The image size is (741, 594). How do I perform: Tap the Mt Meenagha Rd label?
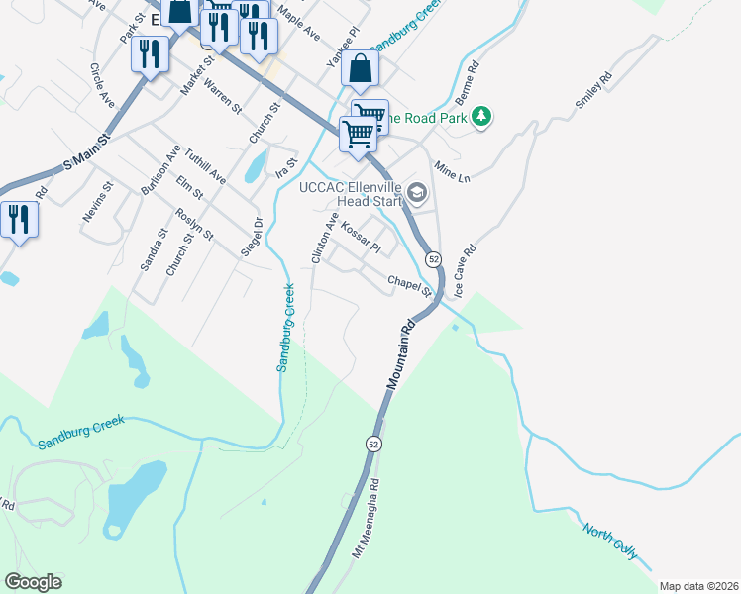(367, 519)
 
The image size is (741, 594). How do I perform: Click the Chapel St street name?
(410, 285)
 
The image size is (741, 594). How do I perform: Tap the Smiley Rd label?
(593, 90)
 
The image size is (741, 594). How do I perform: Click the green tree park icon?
(480, 118)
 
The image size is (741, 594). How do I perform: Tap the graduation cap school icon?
(417, 192)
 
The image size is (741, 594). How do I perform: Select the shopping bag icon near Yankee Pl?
(361, 68)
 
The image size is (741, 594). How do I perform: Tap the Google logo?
(33, 582)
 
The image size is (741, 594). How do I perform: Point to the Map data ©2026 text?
(698, 585)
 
